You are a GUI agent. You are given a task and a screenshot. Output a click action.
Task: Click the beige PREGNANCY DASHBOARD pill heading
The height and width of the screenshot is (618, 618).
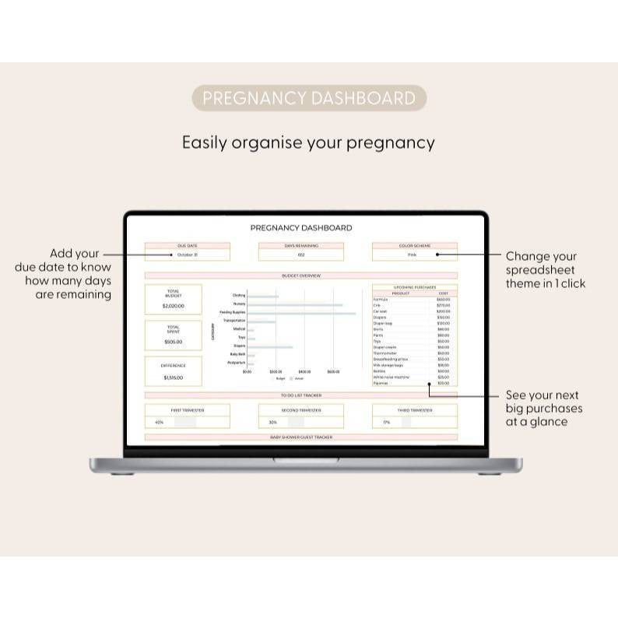[309, 98]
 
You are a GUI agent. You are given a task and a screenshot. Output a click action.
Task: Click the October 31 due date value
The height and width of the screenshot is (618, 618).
[188, 255]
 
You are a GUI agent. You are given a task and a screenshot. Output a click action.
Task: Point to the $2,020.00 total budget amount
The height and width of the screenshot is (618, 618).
[174, 306]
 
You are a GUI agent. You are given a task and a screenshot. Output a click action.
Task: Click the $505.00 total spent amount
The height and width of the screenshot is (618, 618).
[174, 342]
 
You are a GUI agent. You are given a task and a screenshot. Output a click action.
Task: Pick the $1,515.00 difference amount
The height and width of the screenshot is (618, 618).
[174, 377]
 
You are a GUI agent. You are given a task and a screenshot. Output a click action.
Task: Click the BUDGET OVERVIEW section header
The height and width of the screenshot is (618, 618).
[301, 276]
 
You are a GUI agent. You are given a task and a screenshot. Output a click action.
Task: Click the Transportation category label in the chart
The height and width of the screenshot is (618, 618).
[234, 321]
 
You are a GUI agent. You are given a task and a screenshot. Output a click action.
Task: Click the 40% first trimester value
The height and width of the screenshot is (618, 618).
[160, 422]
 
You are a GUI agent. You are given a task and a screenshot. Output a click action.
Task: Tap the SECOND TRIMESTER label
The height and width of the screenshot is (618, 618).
[300, 410]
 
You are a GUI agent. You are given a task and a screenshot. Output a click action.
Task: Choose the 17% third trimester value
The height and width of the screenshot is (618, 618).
[387, 422]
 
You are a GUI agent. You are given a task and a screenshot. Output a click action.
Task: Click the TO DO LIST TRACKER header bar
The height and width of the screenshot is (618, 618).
[301, 395]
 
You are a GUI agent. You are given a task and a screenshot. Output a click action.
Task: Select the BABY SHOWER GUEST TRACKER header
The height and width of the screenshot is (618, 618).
[301, 437]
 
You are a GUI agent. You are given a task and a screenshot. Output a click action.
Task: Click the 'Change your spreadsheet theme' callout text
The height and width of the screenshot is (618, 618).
[545, 269]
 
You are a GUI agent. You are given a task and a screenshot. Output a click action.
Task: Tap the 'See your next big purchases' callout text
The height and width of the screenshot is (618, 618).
[543, 408]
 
